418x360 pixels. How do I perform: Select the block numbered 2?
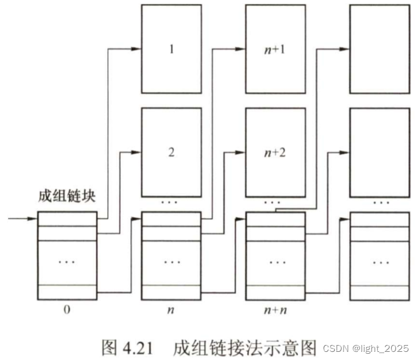click(x=171, y=152)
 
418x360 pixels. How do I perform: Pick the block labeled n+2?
click(x=275, y=152)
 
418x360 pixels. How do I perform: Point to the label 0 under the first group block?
click(x=67, y=309)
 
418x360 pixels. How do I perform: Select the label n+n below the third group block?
click(x=275, y=309)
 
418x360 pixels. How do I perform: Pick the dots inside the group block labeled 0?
click(x=67, y=262)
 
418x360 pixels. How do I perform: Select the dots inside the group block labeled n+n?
click(x=275, y=262)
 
